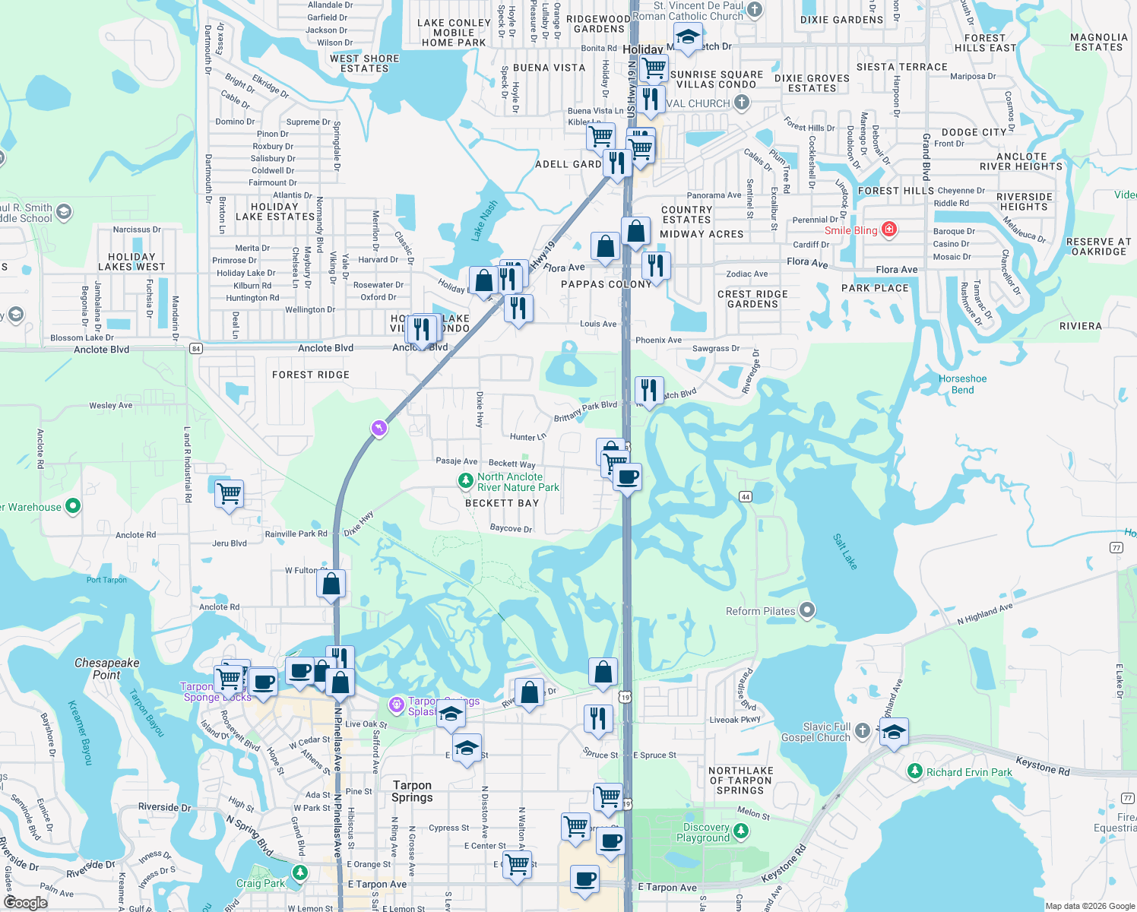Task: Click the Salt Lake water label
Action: click(844, 552)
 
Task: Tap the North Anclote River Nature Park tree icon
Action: click(465, 481)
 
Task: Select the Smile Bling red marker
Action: click(888, 230)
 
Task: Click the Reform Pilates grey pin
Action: click(807, 610)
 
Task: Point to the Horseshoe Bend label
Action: click(962, 384)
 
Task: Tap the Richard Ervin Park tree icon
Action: click(915, 771)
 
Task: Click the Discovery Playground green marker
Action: click(741, 832)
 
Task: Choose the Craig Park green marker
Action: click(300, 872)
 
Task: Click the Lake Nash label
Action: click(483, 220)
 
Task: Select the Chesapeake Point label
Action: click(106, 669)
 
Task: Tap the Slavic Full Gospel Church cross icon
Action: click(862, 731)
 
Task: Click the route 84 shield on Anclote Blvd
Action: click(196, 349)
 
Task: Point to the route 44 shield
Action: click(745, 496)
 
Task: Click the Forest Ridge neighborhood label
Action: click(311, 375)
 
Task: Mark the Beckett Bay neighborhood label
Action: click(502, 503)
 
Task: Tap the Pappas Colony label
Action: click(606, 284)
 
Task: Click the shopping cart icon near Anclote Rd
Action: click(230, 494)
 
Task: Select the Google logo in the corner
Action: click(25, 902)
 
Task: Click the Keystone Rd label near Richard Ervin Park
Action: click(1042, 766)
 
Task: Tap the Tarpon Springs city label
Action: click(412, 791)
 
